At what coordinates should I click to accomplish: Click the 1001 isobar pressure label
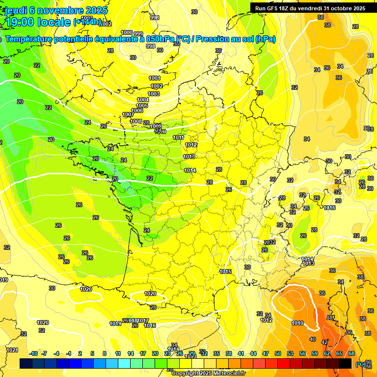155,78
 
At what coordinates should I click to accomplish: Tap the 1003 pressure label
154,94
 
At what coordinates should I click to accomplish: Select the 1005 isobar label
142,106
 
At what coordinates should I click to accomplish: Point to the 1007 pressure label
127,114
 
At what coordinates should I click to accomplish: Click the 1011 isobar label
179,137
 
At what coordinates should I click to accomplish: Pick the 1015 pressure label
226,271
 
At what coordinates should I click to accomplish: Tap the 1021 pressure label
12,350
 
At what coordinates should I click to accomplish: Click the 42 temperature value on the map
324,342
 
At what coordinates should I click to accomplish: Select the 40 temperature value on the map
313,339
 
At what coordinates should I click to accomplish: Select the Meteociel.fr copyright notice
208,373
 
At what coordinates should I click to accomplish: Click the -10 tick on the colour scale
34,353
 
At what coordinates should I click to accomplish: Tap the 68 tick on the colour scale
351,353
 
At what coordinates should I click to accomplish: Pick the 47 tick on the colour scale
266,353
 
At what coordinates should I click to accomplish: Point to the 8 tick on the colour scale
105,353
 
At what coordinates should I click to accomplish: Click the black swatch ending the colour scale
345,363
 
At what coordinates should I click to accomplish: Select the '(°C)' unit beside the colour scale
360,364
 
